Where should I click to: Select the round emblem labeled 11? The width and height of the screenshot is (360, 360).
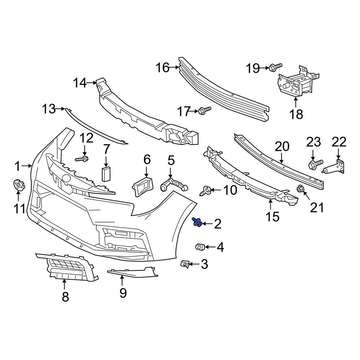click(x=18, y=185)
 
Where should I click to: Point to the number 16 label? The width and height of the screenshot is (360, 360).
click(x=162, y=67)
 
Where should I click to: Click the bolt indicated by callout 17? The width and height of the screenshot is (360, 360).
click(x=204, y=111)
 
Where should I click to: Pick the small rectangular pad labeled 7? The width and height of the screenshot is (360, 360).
click(x=106, y=174)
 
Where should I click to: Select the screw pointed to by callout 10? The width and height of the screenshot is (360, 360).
click(x=206, y=190)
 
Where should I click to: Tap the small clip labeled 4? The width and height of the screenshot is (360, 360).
click(x=199, y=247)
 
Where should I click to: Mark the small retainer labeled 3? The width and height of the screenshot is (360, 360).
click(x=185, y=264)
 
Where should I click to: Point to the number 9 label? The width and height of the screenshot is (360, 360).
click(x=123, y=293)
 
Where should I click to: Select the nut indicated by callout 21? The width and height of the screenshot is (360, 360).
click(x=300, y=188)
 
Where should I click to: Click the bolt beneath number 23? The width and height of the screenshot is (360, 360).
click(x=315, y=165)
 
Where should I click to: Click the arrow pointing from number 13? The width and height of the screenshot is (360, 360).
click(x=61, y=108)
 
